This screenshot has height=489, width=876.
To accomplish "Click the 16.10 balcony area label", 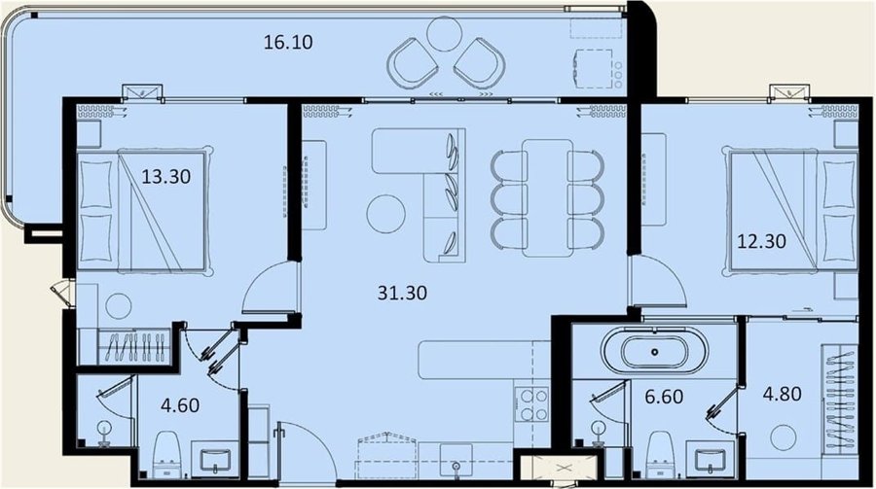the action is point(288,42).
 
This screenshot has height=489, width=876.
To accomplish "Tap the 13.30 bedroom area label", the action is point(165,177).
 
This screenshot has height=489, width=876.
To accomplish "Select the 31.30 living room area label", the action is point(402,293).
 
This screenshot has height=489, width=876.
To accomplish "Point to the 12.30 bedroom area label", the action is point(761,241).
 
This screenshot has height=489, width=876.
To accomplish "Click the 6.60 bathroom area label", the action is point(664,397).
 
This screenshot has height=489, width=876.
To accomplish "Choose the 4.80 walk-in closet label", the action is point(783,394).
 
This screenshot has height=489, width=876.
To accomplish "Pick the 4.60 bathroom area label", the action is point(180,404).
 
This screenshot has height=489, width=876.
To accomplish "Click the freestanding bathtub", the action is point(654,351).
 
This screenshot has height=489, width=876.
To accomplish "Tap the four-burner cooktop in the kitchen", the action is point(531,404).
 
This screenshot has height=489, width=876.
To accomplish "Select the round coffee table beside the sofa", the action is point(386,214).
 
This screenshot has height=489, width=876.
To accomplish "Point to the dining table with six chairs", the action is point(547,198).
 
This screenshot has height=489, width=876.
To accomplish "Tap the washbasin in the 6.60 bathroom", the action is point(711,461).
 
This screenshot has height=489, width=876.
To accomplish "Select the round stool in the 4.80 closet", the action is point(784,437).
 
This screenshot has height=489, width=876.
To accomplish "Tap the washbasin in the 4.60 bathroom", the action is point(214,460).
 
